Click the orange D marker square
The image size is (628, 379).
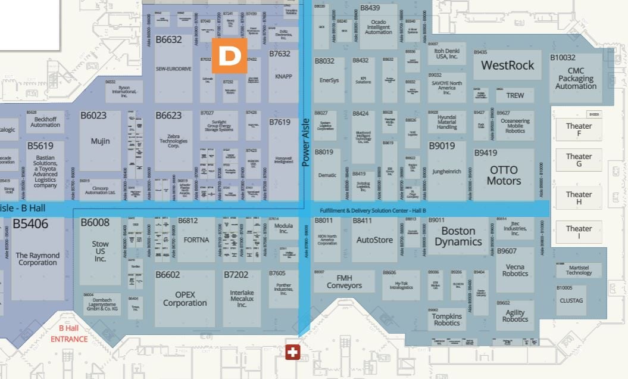click(229, 55)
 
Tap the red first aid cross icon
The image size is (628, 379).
click(292, 352)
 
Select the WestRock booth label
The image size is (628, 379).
click(507, 65)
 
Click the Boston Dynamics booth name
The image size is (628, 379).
click(458, 236)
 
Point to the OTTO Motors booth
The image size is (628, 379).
click(504, 176)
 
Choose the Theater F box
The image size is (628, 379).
click(579, 129)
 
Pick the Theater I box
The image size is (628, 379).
click(579, 232)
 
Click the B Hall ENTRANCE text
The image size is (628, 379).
click(68, 333)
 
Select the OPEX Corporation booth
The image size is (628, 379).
click(185, 299)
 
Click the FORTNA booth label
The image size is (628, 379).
click(196, 240)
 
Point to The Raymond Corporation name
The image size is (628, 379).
click(38, 259)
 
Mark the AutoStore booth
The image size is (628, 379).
click(374, 240)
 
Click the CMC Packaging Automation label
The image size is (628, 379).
click(576, 79)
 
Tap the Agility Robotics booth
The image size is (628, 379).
click(515, 316)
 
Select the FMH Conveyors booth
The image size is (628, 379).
click(344, 281)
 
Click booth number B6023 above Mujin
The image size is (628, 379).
click(93, 116)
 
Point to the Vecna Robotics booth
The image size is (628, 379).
click(515, 270)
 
